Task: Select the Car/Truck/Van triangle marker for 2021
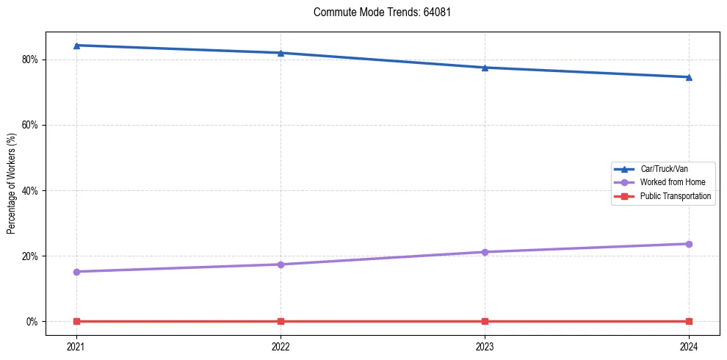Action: [x=76, y=46]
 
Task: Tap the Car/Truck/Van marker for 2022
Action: [x=281, y=53]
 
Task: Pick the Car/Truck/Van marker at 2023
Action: [x=485, y=68]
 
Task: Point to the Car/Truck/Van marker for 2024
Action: [x=689, y=77]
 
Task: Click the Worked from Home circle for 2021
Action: [x=76, y=272]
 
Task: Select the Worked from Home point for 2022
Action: [x=281, y=264]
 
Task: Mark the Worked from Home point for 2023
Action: [x=485, y=252]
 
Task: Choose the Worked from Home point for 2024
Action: [x=689, y=244]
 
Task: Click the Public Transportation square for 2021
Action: [x=76, y=321]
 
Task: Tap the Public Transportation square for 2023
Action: [x=485, y=321]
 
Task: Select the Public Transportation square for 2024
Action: [x=689, y=321]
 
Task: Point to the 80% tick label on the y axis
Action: [x=31, y=60]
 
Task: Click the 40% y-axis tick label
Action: [x=31, y=190]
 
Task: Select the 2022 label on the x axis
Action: [x=281, y=345]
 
